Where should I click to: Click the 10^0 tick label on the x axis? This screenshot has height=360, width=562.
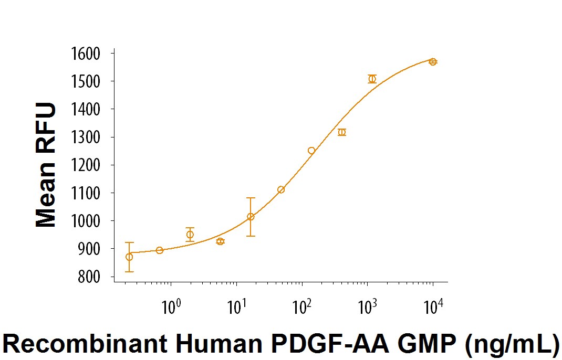(170, 306)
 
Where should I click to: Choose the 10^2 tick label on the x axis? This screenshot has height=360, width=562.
(301, 306)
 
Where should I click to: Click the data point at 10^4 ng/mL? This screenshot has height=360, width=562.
(433, 61)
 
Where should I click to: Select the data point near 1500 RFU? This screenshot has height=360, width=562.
(372, 79)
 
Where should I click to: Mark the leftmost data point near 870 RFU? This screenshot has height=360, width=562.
(129, 257)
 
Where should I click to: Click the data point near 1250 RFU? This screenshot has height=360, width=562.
(311, 151)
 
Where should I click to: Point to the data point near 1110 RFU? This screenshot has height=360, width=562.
(281, 189)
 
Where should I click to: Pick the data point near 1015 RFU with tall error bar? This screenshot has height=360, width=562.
(251, 216)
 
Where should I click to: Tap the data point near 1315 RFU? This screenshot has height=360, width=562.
(342, 132)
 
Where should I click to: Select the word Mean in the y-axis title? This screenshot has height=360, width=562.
(46, 195)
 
